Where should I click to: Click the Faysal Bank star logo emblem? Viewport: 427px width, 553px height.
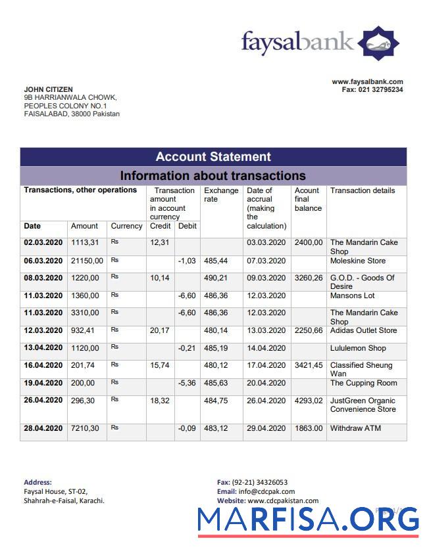tap(378, 43)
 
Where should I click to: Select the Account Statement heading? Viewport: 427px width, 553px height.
tap(213, 157)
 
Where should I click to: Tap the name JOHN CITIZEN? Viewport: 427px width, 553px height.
tap(49, 89)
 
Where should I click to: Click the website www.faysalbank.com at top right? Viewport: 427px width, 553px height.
tap(367, 82)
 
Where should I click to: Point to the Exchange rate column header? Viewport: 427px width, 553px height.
tap(221, 195)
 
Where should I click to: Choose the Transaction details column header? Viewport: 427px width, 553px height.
tap(363, 190)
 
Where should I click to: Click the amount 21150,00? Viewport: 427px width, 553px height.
tap(87, 261)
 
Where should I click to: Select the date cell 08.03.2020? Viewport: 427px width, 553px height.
tap(43, 278)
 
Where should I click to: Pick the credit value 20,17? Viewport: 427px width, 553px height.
tap(159, 330)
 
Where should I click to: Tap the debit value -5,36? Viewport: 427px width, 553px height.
tap(188, 383)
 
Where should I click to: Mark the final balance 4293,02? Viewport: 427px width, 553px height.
tap(309, 401)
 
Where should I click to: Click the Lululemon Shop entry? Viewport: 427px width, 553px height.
tap(358, 348)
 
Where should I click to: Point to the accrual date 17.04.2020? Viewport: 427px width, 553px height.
tap(266, 365)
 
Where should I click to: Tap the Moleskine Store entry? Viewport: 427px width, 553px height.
tap(358, 261)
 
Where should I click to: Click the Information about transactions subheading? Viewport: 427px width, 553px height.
tap(213, 176)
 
